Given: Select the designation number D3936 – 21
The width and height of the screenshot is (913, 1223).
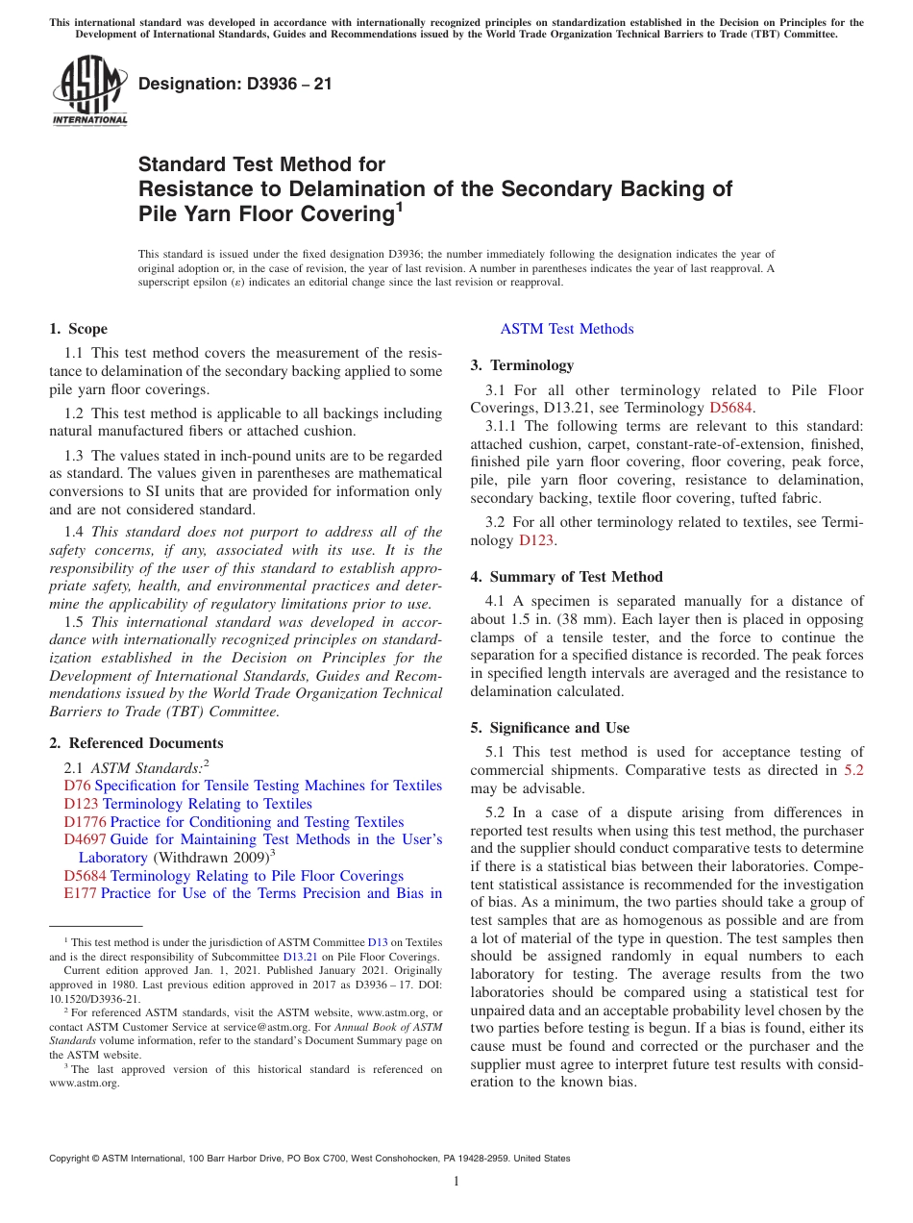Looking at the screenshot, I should (x=234, y=84).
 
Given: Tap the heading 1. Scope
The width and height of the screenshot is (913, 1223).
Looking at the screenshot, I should (x=78, y=329).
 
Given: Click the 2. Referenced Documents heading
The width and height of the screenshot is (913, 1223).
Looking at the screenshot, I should (x=136, y=743).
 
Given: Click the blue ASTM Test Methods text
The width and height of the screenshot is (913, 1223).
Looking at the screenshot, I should (x=567, y=329).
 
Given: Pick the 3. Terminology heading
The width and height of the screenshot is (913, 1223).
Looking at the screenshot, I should (x=522, y=365).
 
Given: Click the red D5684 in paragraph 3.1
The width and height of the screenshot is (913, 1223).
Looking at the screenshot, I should (x=733, y=408).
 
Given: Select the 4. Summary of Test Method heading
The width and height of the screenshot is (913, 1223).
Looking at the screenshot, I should (x=566, y=577).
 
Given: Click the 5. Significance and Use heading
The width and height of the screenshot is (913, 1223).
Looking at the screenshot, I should (x=550, y=728).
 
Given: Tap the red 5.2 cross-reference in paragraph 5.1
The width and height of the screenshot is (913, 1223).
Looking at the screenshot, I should (x=853, y=770).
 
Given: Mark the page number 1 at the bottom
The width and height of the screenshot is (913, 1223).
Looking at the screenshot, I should (x=456, y=1181).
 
